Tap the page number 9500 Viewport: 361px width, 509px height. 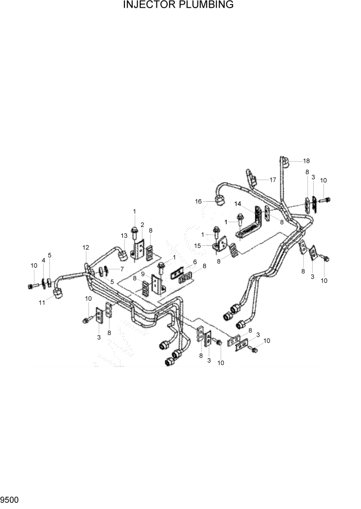coord(10,499)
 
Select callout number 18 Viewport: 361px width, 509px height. coord(306,161)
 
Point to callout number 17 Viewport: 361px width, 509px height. coord(273,180)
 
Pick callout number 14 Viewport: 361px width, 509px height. coord(238,204)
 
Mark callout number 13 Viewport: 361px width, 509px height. coord(124,236)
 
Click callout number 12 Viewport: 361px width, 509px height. coord(86,248)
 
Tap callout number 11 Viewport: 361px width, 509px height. coord(42,303)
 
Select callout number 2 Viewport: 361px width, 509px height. coord(142,225)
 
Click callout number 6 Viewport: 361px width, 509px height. coord(195,261)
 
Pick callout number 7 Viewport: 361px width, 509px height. coord(122,269)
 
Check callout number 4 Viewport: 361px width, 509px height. coord(43,261)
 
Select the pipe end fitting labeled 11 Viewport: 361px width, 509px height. coord(58,293)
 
